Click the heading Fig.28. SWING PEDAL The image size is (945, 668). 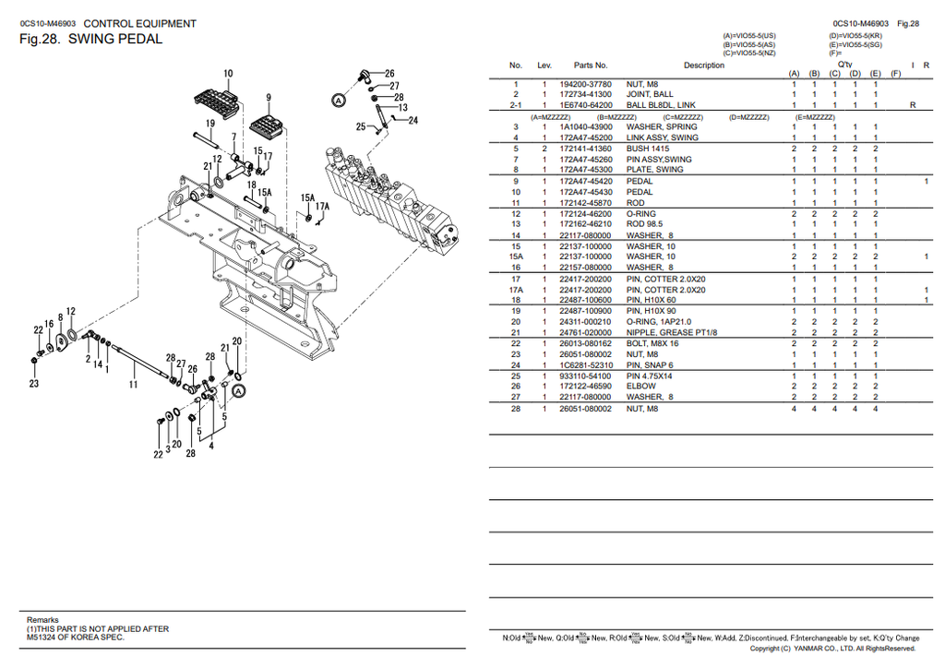[90, 40]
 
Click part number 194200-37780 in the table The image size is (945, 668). [585, 84]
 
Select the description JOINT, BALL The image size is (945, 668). [650, 94]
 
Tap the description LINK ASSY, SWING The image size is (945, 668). [662, 137]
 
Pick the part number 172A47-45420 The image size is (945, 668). [585, 181]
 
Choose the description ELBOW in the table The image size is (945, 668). [640, 386]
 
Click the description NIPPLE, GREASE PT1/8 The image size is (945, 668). [671, 332]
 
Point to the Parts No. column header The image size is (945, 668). [591, 66]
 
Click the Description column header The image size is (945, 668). [704, 66]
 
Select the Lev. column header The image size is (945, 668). [544, 66]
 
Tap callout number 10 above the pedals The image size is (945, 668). [228, 74]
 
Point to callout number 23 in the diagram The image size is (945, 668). [33, 384]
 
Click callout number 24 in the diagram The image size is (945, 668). [413, 120]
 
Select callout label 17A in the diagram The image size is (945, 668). [321, 207]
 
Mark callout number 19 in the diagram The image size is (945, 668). [210, 123]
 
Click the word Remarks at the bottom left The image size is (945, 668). [42, 619]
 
